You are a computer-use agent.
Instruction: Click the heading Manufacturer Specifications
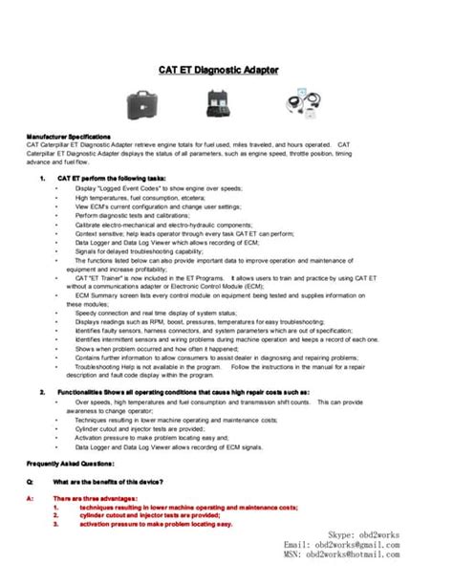[x=69, y=137]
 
